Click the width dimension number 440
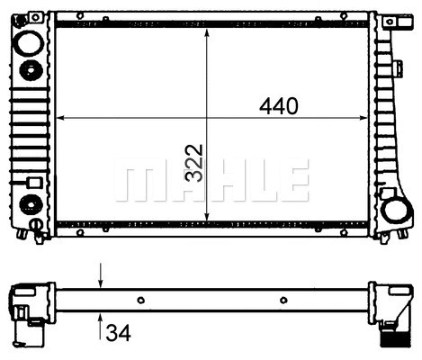278,106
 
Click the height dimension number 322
193,162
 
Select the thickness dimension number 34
118,335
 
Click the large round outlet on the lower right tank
395,211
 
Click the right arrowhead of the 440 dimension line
363,118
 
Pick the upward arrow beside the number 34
101,319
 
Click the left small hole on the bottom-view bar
140,300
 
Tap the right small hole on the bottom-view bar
283,300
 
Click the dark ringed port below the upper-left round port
30,71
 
